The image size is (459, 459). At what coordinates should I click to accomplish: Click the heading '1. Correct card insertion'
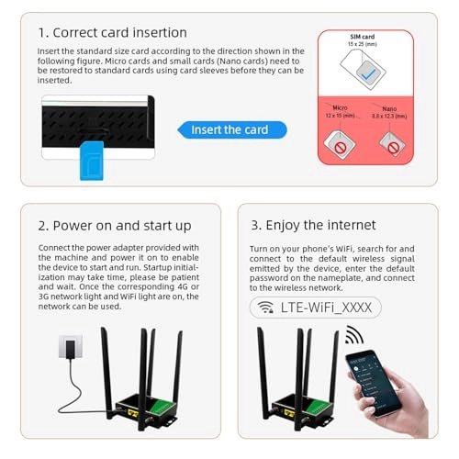(112, 33)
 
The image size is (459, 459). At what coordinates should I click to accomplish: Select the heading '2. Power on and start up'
(114, 225)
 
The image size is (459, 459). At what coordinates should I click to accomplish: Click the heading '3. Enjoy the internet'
(313, 225)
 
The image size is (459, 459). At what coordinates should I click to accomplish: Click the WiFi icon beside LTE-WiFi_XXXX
(265, 308)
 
